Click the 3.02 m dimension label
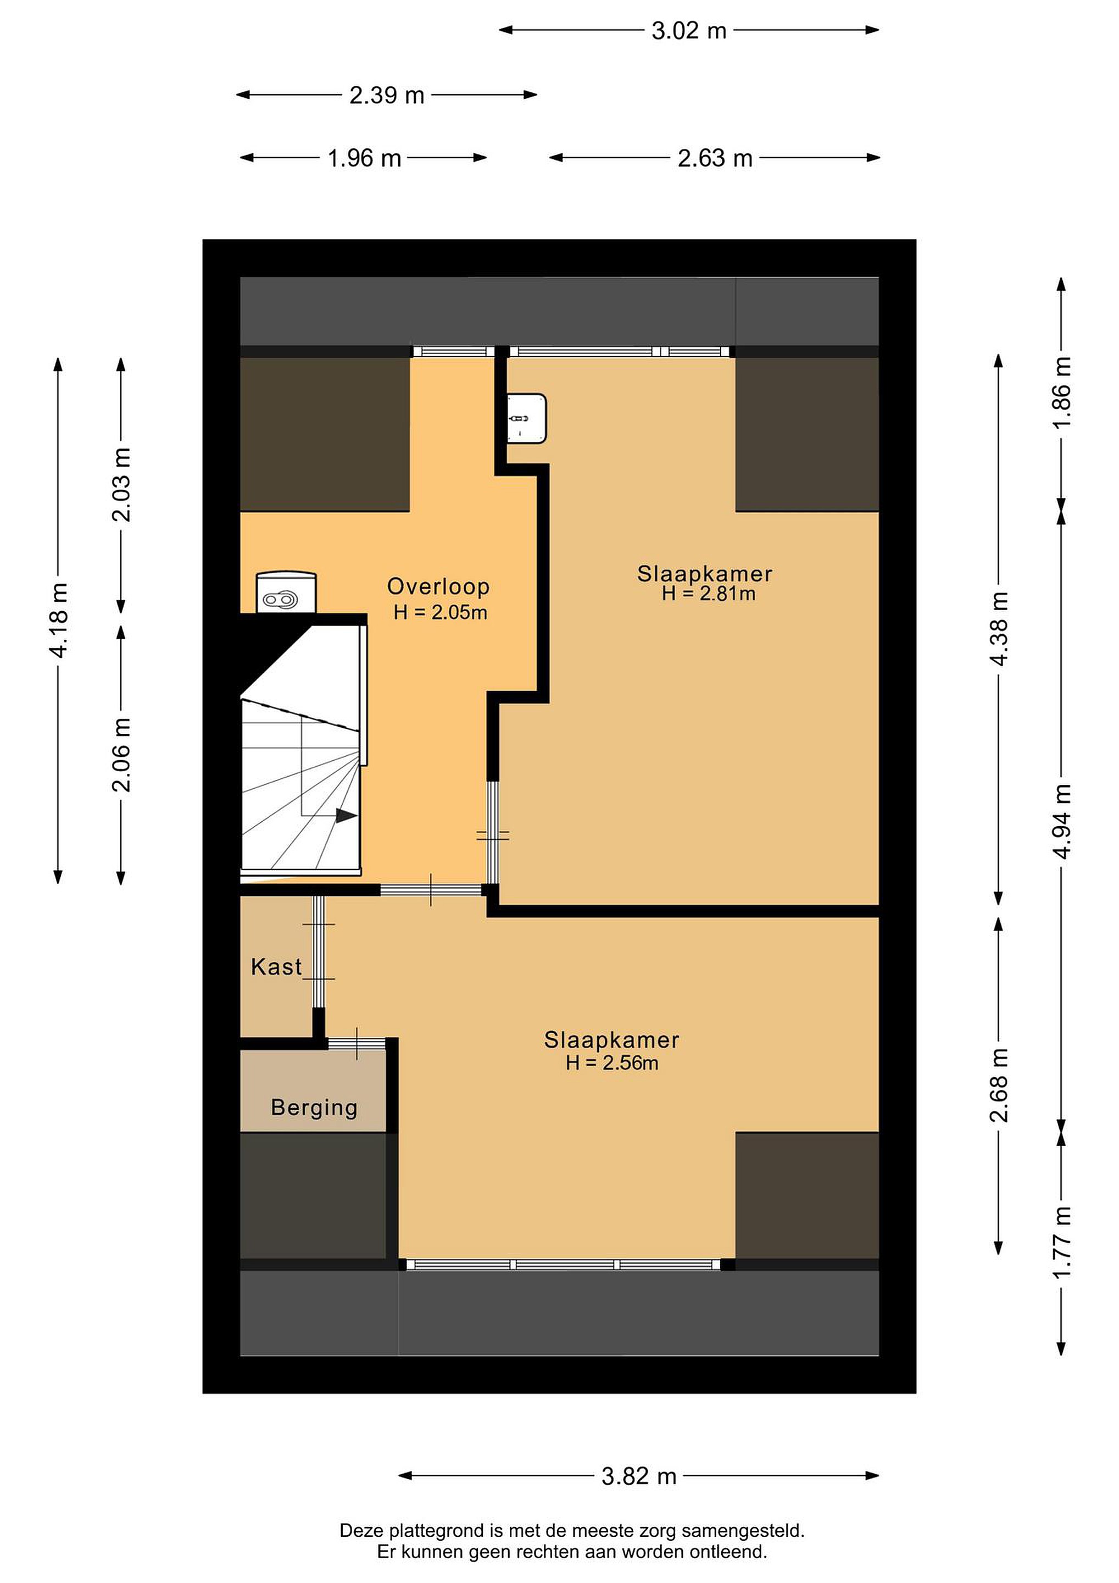[x=689, y=31]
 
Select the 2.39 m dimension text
[x=387, y=95]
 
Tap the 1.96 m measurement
[x=365, y=159]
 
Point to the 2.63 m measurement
[x=715, y=159]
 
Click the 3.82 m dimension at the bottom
[x=639, y=1476]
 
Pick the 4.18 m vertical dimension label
[x=59, y=620]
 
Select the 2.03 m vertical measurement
[x=121, y=485]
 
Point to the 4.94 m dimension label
[x=1062, y=821]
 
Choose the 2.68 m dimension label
[x=999, y=1085]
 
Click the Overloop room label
[x=438, y=586]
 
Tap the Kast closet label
[x=276, y=967]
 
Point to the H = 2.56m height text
[x=612, y=1062]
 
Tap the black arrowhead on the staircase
[x=347, y=816]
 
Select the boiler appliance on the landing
[x=286, y=592]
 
